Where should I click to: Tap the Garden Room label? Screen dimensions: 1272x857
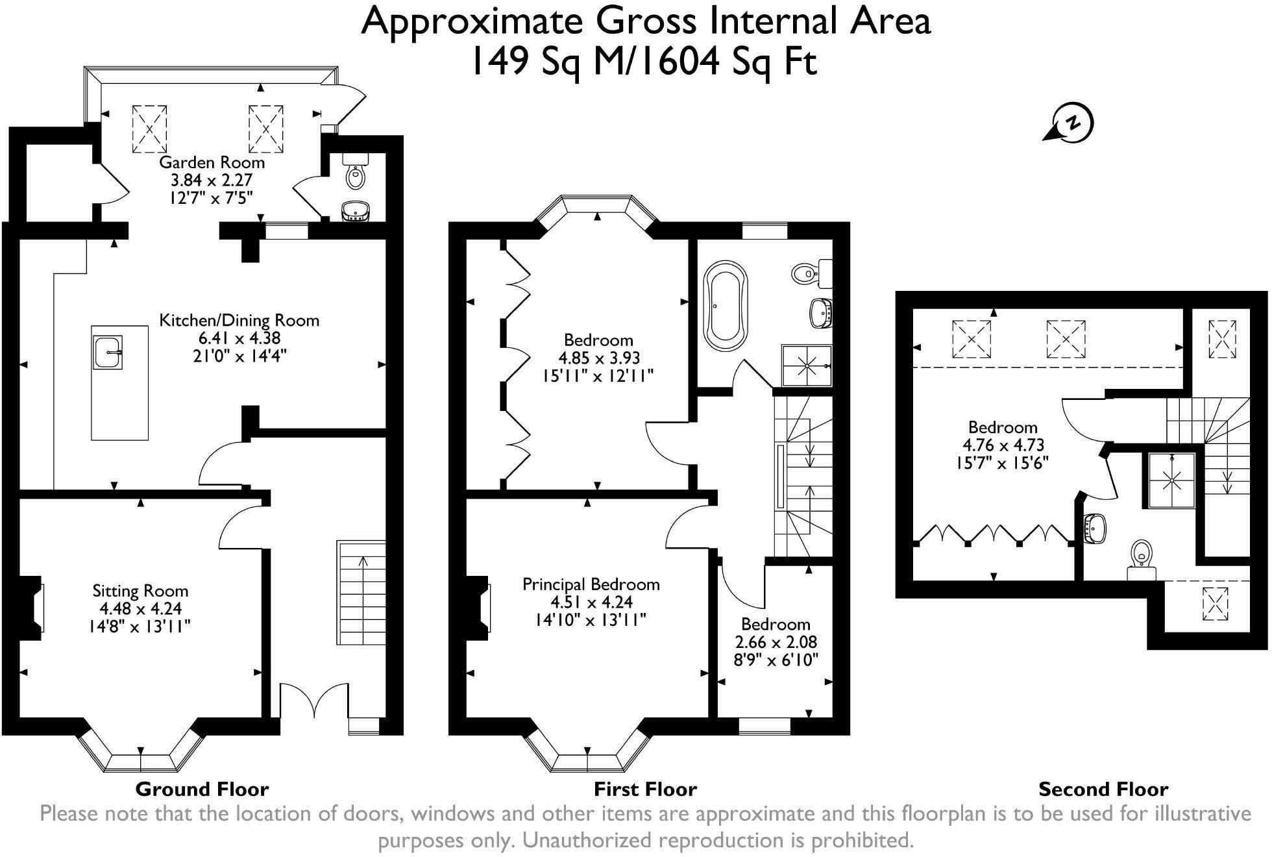click(x=212, y=162)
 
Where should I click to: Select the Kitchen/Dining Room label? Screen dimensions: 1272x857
click(x=239, y=320)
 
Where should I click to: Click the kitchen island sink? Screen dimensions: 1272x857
click(x=107, y=352)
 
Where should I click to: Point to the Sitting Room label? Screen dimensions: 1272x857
click(x=140, y=591)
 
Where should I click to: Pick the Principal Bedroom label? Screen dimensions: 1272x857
click(x=591, y=584)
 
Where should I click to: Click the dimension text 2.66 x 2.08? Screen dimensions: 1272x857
click(x=776, y=642)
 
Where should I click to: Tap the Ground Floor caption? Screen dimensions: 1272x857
click(x=202, y=789)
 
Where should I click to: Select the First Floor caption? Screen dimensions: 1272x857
click(x=645, y=789)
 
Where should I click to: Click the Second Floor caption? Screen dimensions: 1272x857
click(x=1103, y=789)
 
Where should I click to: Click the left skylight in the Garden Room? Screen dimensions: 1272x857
click(x=150, y=129)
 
